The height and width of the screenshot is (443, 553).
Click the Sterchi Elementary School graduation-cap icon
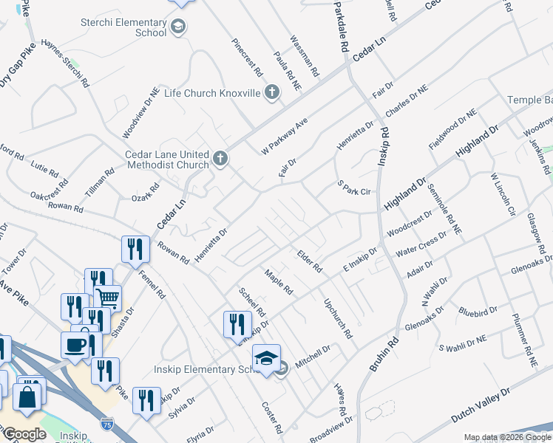coord(177,28)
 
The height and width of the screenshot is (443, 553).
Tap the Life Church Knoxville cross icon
coord(272,93)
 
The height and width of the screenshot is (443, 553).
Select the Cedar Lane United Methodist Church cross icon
coord(220,158)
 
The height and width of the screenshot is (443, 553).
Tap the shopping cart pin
coord(108,298)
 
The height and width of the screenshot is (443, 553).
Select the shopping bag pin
coord(27,396)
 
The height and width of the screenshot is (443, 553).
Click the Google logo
coord(24,433)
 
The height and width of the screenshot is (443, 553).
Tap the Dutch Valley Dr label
coord(480,407)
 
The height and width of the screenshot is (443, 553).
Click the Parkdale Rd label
coord(340,27)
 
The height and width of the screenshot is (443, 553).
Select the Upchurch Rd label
coord(337,317)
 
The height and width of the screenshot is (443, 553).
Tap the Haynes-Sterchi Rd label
coord(65,63)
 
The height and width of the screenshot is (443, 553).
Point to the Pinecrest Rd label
coord(247,58)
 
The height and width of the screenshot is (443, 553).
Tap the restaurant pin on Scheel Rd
coord(233,324)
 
